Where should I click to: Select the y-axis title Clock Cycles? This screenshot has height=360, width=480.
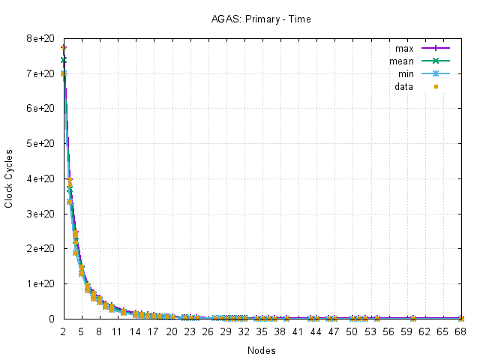(9, 178)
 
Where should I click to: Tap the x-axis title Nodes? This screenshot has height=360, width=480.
(261, 350)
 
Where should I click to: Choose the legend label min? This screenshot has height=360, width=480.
(406, 74)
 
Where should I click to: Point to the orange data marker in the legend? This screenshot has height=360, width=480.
(436, 87)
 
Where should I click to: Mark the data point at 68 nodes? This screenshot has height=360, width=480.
(461, 319)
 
